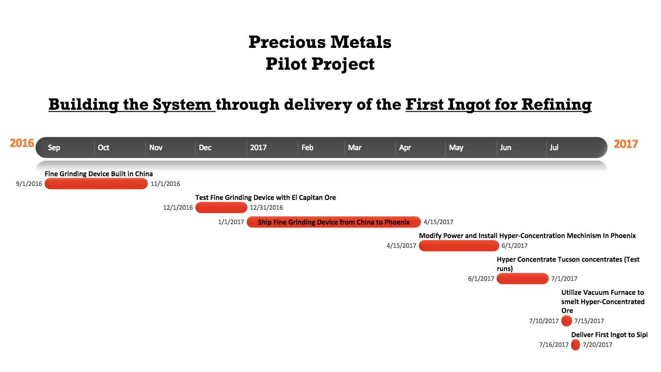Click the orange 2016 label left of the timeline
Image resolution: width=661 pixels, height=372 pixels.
tap(22, 143)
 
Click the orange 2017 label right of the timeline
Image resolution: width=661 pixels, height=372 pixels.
tap(626, 144)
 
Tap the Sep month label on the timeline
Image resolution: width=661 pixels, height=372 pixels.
tap(54, 147)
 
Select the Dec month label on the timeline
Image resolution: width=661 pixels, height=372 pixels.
tap(205, 147)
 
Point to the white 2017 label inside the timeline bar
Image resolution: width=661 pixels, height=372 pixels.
tap(258, 147)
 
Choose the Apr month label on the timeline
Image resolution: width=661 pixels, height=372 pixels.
tap(405, 148)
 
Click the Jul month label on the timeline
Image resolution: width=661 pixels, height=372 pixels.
tap(554, 147)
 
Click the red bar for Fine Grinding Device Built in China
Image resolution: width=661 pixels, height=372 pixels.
tap(96, 184)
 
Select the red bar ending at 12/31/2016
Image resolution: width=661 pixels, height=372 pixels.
tap(221, 207)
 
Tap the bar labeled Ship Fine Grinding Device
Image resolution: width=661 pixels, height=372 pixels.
tap(334, 222)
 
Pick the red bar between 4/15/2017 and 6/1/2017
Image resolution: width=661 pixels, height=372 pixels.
tap(459, 246)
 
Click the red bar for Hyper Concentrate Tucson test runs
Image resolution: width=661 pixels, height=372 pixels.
tap(523, 279)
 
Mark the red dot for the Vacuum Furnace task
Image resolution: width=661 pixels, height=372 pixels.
tap(567, 321)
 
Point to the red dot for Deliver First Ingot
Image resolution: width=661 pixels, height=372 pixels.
tap(575, 345)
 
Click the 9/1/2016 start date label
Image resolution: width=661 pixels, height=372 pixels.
tap(29, 184)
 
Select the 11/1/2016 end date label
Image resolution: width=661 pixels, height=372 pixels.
tap(165, 184)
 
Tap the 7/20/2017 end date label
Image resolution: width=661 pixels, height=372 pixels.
tap(598, 345)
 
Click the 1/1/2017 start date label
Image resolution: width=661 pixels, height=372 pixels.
tap(231, 222)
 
